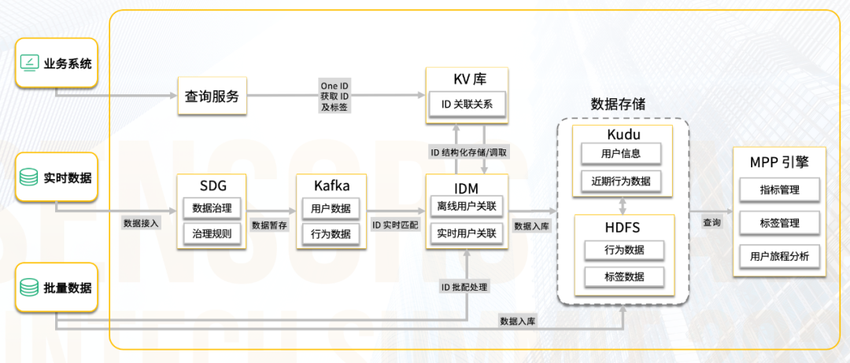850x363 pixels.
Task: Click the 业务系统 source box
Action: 57,64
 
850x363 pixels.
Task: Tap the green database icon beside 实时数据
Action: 29,178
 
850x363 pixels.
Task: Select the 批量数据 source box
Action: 57,288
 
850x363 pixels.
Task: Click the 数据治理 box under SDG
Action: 212,208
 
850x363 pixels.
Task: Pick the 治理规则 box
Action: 212,233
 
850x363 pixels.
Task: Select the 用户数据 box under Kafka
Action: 331,208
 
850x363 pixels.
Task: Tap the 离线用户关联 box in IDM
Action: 467,208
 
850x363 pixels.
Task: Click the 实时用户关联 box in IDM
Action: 467,233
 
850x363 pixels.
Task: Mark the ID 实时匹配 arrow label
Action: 395,225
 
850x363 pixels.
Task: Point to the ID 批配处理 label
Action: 464,287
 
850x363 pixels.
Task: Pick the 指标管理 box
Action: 780,189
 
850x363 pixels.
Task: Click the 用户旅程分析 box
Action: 780,256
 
